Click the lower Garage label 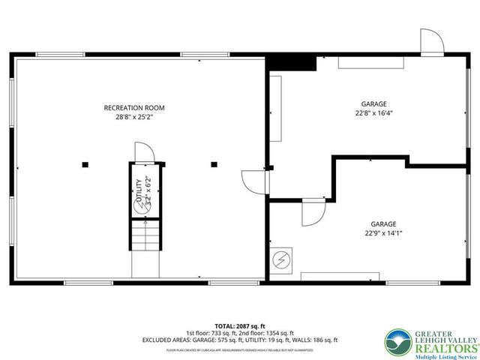pyautogui.click(x=382, y=223)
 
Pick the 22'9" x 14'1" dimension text pyautogui.click(x=382, y=233)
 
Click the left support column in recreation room pyautogui.click(x=85, y=164)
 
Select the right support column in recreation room pyautogui.click(x=214, y=164)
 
